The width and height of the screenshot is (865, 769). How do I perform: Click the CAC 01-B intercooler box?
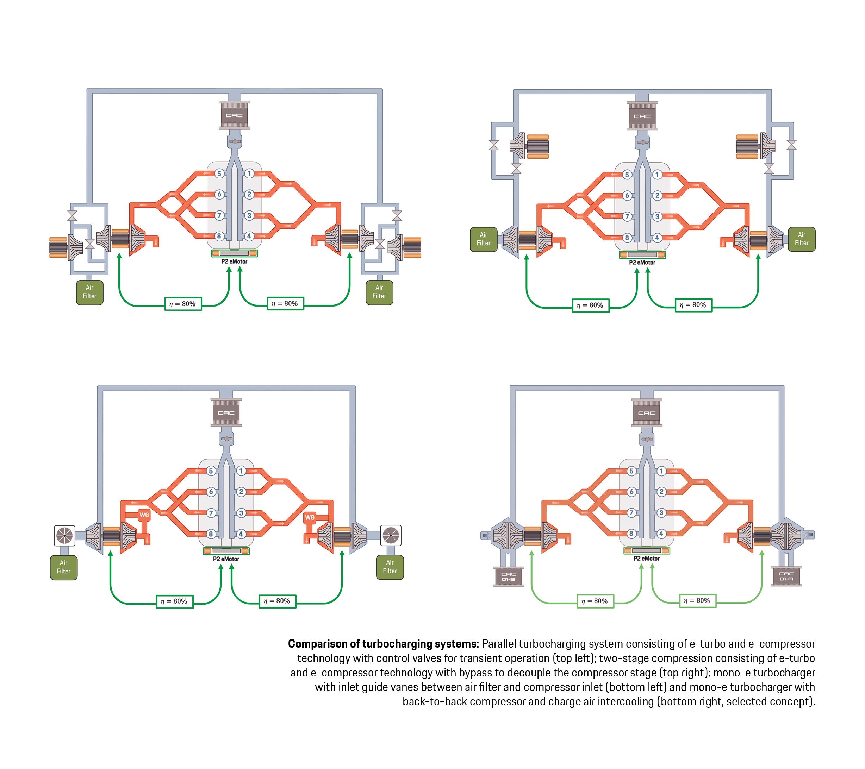click(508, 576)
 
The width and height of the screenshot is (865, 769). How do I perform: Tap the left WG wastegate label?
click(144, 515)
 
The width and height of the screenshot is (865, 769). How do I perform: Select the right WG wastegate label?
click(310, 517)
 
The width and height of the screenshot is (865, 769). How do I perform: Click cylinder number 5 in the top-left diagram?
click(219, 174)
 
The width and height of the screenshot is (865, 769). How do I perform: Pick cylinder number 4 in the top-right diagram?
click(657, 238)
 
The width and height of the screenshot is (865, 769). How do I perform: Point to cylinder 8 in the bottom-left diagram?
click(211, 534)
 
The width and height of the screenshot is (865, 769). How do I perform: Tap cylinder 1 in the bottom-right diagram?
click(661, 471)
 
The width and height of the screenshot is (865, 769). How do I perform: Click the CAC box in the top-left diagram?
click(234, 115)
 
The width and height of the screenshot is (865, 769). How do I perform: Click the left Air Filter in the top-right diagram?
click(483, 239)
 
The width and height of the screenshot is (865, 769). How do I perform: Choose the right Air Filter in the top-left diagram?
click(379, 292)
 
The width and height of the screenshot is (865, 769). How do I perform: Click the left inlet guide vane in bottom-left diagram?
click(65, 536)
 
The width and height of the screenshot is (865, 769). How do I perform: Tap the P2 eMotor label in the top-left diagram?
click(234, 261)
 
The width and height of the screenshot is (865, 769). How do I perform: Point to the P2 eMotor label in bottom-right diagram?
click(646, 558)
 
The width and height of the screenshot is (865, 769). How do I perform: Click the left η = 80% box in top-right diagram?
click(591, 305)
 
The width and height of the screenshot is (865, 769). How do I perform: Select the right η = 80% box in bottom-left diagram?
click(277, 601)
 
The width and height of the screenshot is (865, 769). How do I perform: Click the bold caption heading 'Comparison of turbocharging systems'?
click(383, 644)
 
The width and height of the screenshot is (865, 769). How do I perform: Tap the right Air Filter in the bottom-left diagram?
click(390, 567)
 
